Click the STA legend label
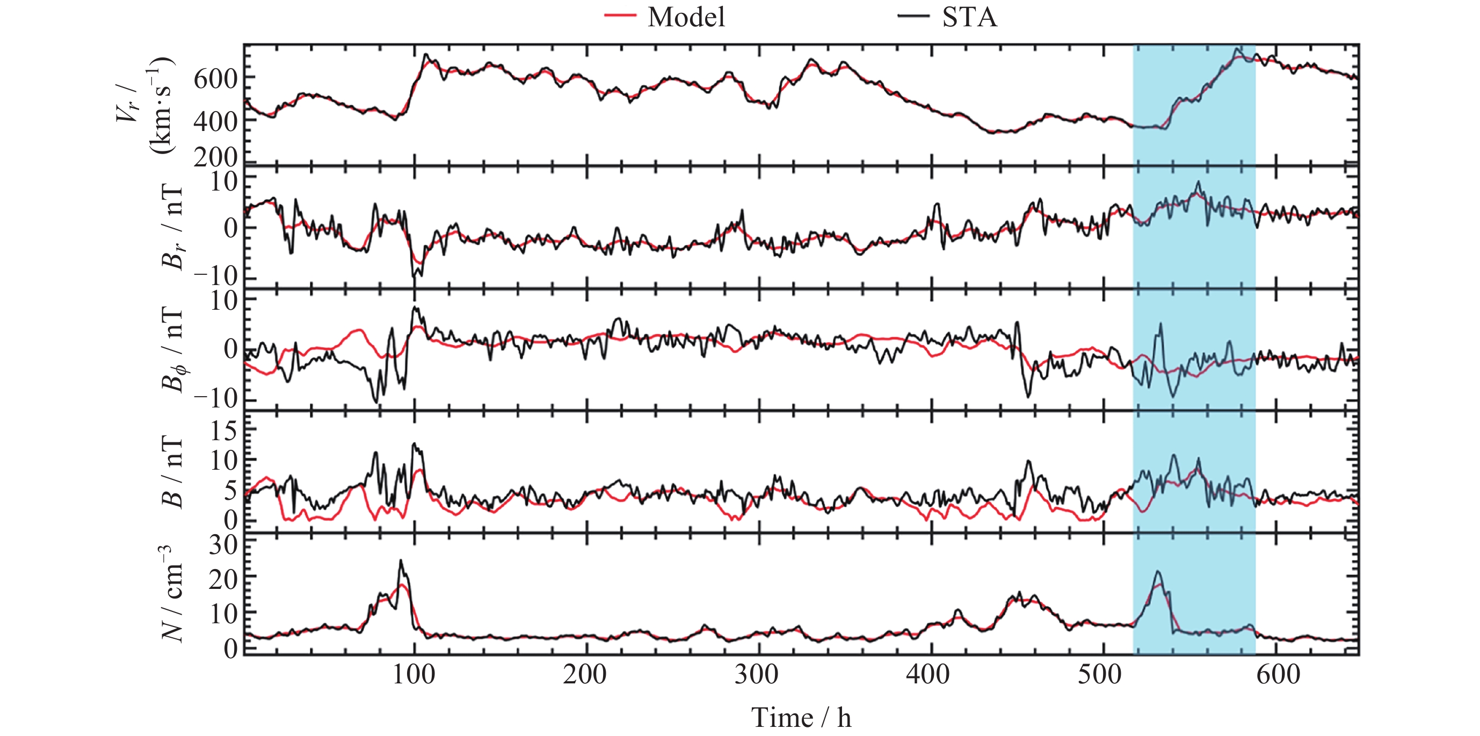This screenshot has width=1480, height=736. pyautogui.click(x=969, y=17)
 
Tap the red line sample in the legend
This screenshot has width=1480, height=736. pyautogui.click(x=619, y=17)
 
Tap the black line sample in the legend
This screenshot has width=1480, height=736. pyautogui.click(x=913, y=17)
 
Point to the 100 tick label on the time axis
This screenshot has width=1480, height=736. pyautogui.click(x=413, y=674)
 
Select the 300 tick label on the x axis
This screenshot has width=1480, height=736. pyautogui.click(x=757, y=674)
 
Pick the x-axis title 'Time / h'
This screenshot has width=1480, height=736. pyautogui.click(x=801, y=718)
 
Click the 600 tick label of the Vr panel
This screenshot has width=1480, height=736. pyautogui.click(x=215, y=79)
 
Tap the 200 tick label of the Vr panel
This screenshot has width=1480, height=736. pyautogui.click(x=215, y=157)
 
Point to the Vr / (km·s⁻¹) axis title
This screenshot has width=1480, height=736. pyautogui.click(x=143, y=106)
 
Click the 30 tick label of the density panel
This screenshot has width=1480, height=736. pyautogui.click(x=223, y=544)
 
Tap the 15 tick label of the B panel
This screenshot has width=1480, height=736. pyautogui.click(x=223, y=430)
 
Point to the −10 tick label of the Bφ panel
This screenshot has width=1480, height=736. pyautogui.click(x=215, y=398)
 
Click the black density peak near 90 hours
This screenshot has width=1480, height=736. pyautogui.click(x=401, y=562)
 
